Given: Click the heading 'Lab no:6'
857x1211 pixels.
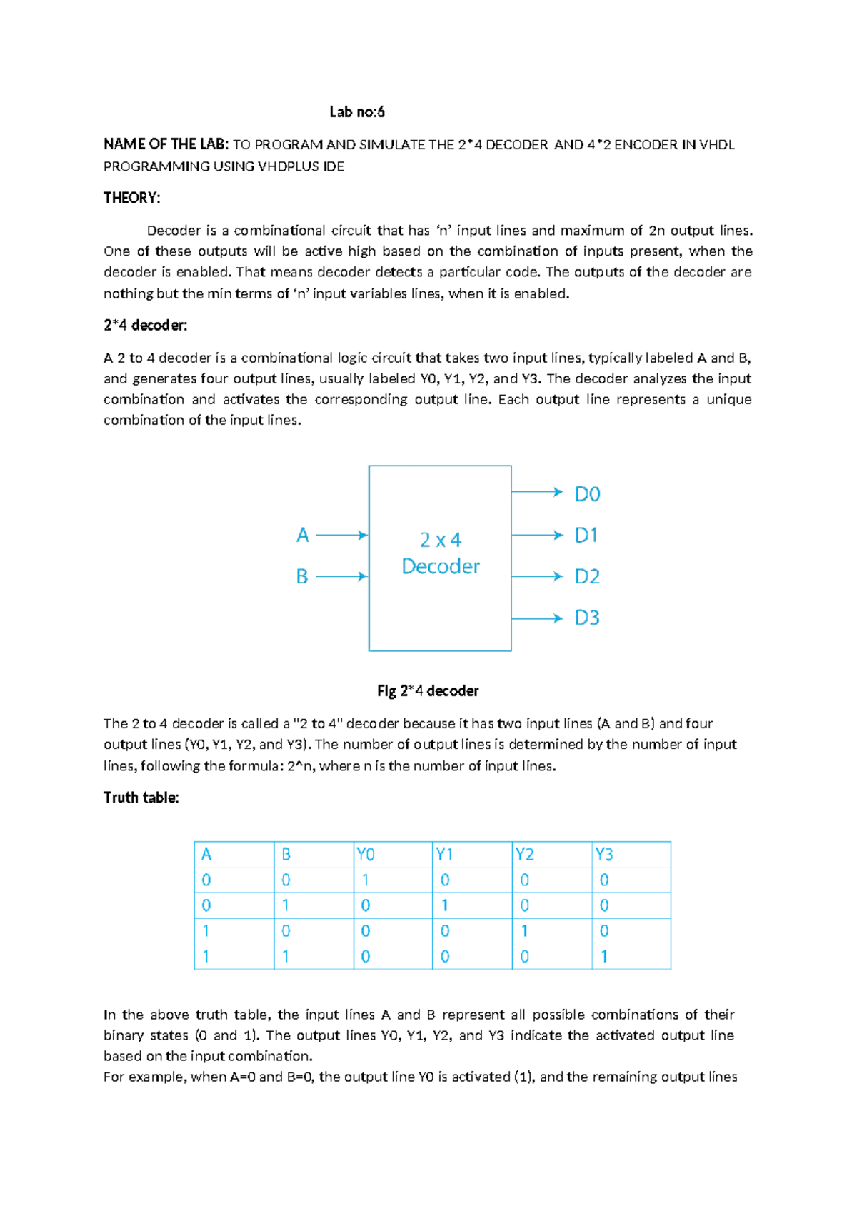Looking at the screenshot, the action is click(356, 111).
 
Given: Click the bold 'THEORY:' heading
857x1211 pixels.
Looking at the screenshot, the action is click(131, 198).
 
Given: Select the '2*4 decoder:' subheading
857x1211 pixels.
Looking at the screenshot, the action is click(145, 326).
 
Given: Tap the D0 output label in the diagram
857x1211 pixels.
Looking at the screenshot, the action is click(587, 494).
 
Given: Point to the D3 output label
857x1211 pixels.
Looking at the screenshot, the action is click(587, 618).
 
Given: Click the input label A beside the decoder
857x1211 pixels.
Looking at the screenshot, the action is click(302, 535).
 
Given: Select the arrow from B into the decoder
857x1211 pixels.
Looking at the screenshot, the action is click(341, 576).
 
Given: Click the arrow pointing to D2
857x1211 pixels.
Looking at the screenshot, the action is click(537, 576).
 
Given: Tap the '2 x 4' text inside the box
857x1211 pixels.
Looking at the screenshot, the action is click(440, 540).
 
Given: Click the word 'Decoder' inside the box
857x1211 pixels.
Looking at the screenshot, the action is click(440, 566).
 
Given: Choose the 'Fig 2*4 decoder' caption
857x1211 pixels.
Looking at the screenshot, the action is click(428, 690).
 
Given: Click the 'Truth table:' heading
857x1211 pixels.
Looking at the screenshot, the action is click(141, 798).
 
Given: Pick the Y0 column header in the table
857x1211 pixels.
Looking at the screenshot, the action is click(365, 854).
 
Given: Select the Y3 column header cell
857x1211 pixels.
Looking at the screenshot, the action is click(604, 854).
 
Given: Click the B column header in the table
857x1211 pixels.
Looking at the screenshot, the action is click(286, 854).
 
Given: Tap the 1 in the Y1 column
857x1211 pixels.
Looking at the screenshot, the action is click(445, 905).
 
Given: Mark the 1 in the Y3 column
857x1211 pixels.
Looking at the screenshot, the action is click(604, 956).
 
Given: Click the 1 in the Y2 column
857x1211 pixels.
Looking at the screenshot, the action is click(525, 931).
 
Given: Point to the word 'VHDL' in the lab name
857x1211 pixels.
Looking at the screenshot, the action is click(716, 145).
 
